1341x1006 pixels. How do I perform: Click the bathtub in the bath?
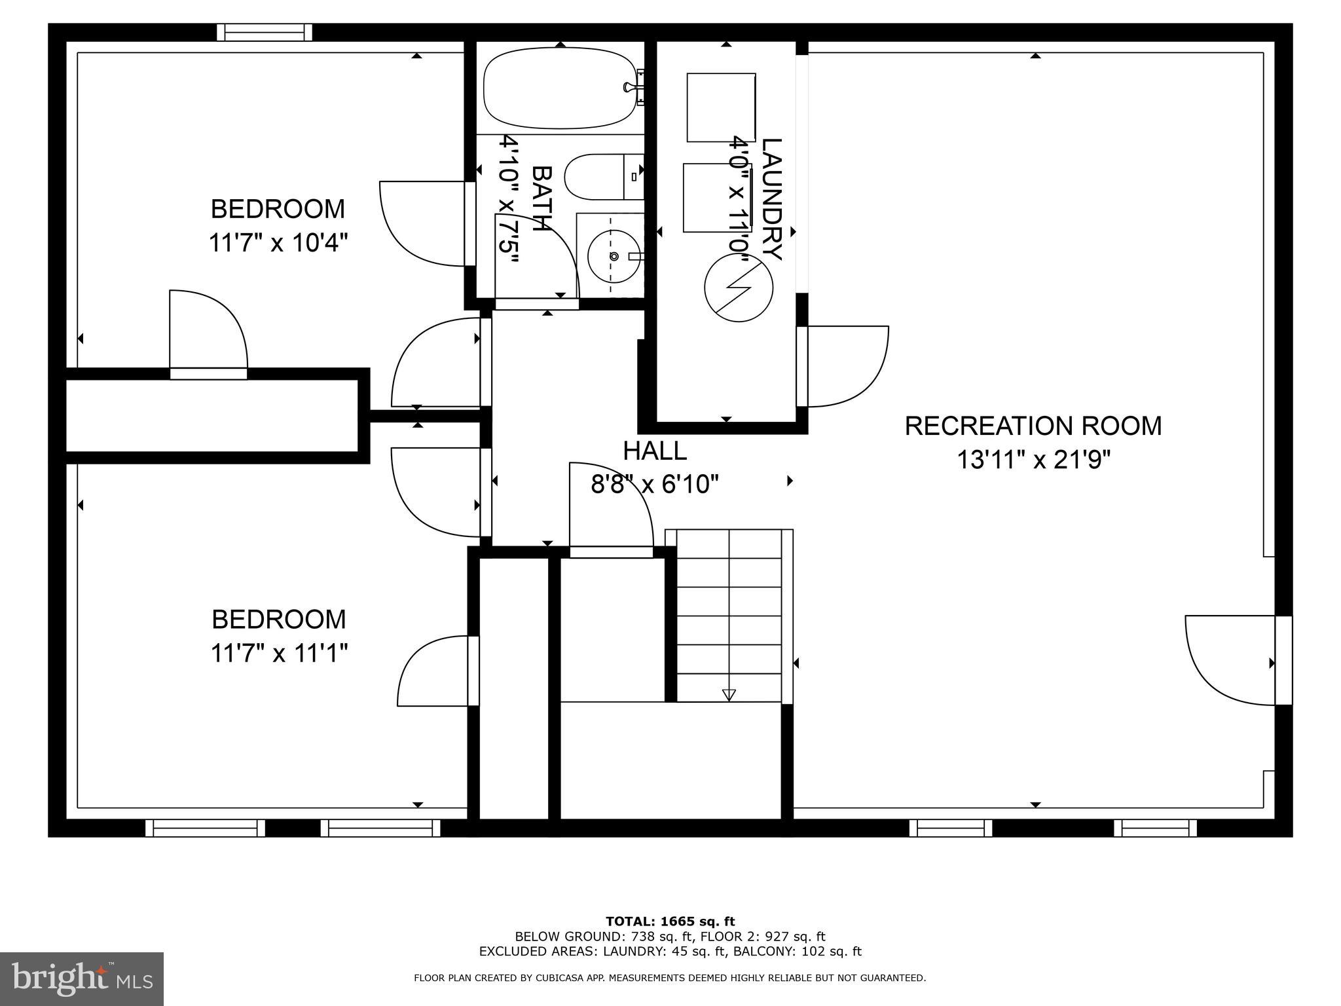(x=560, y=88)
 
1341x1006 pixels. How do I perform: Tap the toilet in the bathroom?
(x=602, y=177)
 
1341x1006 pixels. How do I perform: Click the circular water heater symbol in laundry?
(x=738, y=287)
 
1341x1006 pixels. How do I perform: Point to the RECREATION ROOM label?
(x=1033, y=426)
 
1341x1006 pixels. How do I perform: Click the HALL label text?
(x=654, y=451)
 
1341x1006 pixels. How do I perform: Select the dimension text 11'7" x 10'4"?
(x=278, y=243)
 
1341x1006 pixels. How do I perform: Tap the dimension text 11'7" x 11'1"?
(x=278, y=653)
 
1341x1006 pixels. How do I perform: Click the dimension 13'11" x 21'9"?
(x=1034, y=460)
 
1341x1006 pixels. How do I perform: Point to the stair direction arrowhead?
(x=729, y=695)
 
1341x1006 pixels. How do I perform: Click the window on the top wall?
(x=265, y=32)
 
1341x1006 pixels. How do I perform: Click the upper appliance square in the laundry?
(x=721, y=107)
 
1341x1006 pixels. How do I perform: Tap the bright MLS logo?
(x=82, y=979)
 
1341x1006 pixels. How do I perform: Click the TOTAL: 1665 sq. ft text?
(x=670, y=922)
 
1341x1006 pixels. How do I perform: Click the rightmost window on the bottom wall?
(x=1155, y=829)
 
